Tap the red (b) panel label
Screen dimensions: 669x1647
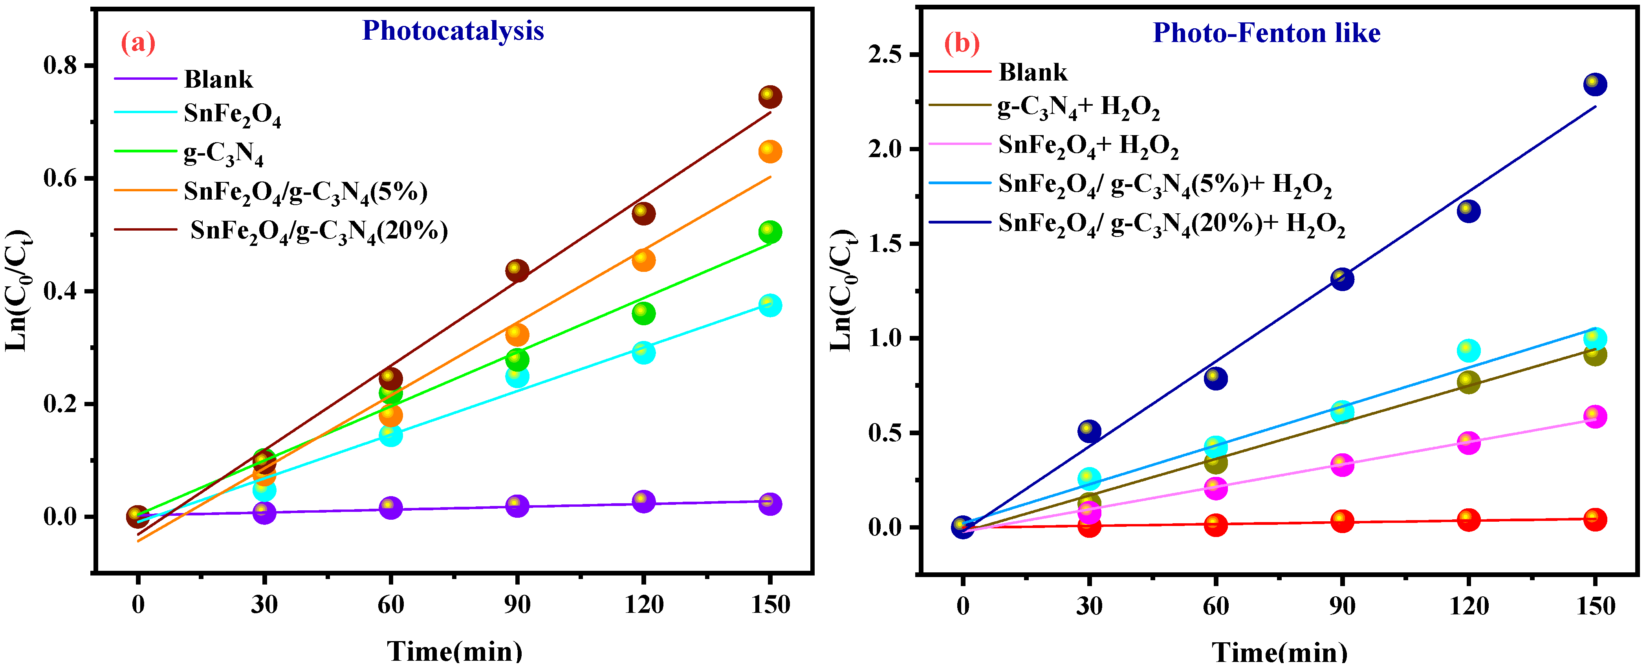tap(962, 44)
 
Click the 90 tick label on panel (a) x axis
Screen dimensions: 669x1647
tap(517, 604)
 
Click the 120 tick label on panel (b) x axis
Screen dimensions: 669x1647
tap(1469, 605)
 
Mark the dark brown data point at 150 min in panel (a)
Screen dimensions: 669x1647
tap(770, 97)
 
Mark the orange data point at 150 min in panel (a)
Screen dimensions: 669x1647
tap(770, 152)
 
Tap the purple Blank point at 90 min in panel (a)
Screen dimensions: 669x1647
tap(517, 506)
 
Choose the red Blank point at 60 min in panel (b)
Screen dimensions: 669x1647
tap(1215, 525)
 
